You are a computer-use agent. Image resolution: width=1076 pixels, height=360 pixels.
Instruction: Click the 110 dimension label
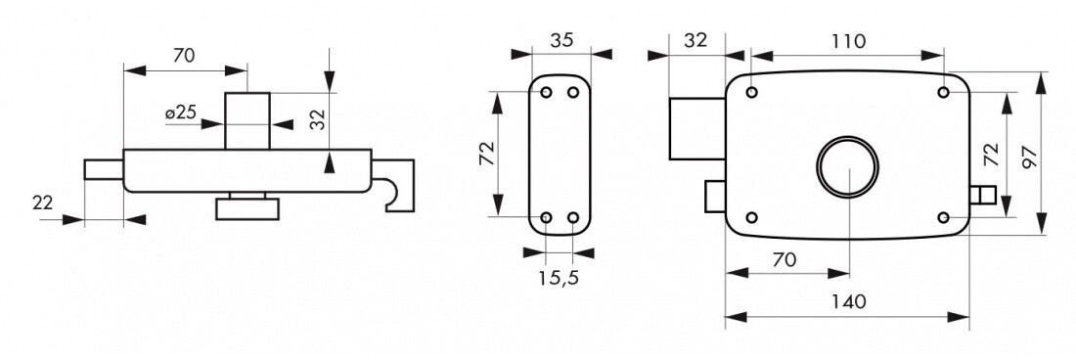848,41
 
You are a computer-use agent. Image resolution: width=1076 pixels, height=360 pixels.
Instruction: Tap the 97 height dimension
1028,157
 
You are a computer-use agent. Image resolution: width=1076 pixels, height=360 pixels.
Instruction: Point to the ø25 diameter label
181,112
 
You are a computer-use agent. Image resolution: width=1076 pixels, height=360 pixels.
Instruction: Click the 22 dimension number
42,202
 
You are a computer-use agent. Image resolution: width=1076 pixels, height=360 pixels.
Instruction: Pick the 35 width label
561,40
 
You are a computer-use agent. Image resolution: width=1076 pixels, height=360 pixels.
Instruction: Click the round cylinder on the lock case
847,166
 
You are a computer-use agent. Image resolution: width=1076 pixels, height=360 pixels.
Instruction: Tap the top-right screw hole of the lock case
944,93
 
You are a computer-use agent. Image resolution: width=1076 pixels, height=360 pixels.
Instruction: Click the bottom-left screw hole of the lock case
751,218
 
